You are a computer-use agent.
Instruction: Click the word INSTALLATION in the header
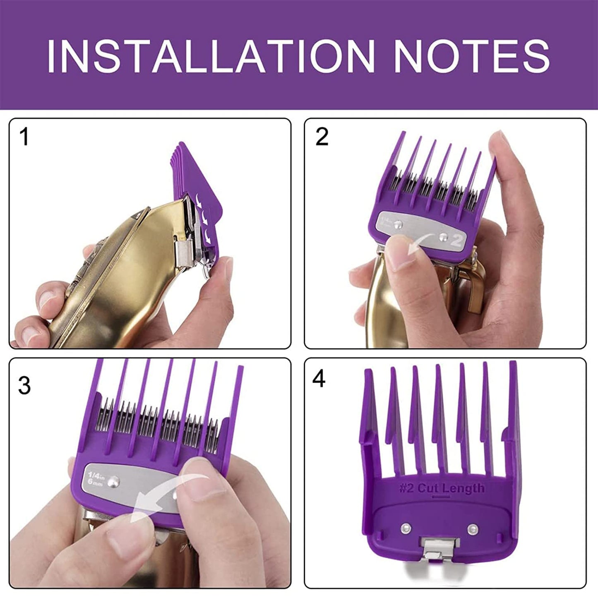210,56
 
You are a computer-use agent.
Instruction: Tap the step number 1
25,137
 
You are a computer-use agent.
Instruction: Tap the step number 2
322,137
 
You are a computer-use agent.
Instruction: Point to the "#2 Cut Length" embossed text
442,488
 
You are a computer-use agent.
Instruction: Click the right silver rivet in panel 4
473,528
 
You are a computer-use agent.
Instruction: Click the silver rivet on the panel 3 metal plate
115,480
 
